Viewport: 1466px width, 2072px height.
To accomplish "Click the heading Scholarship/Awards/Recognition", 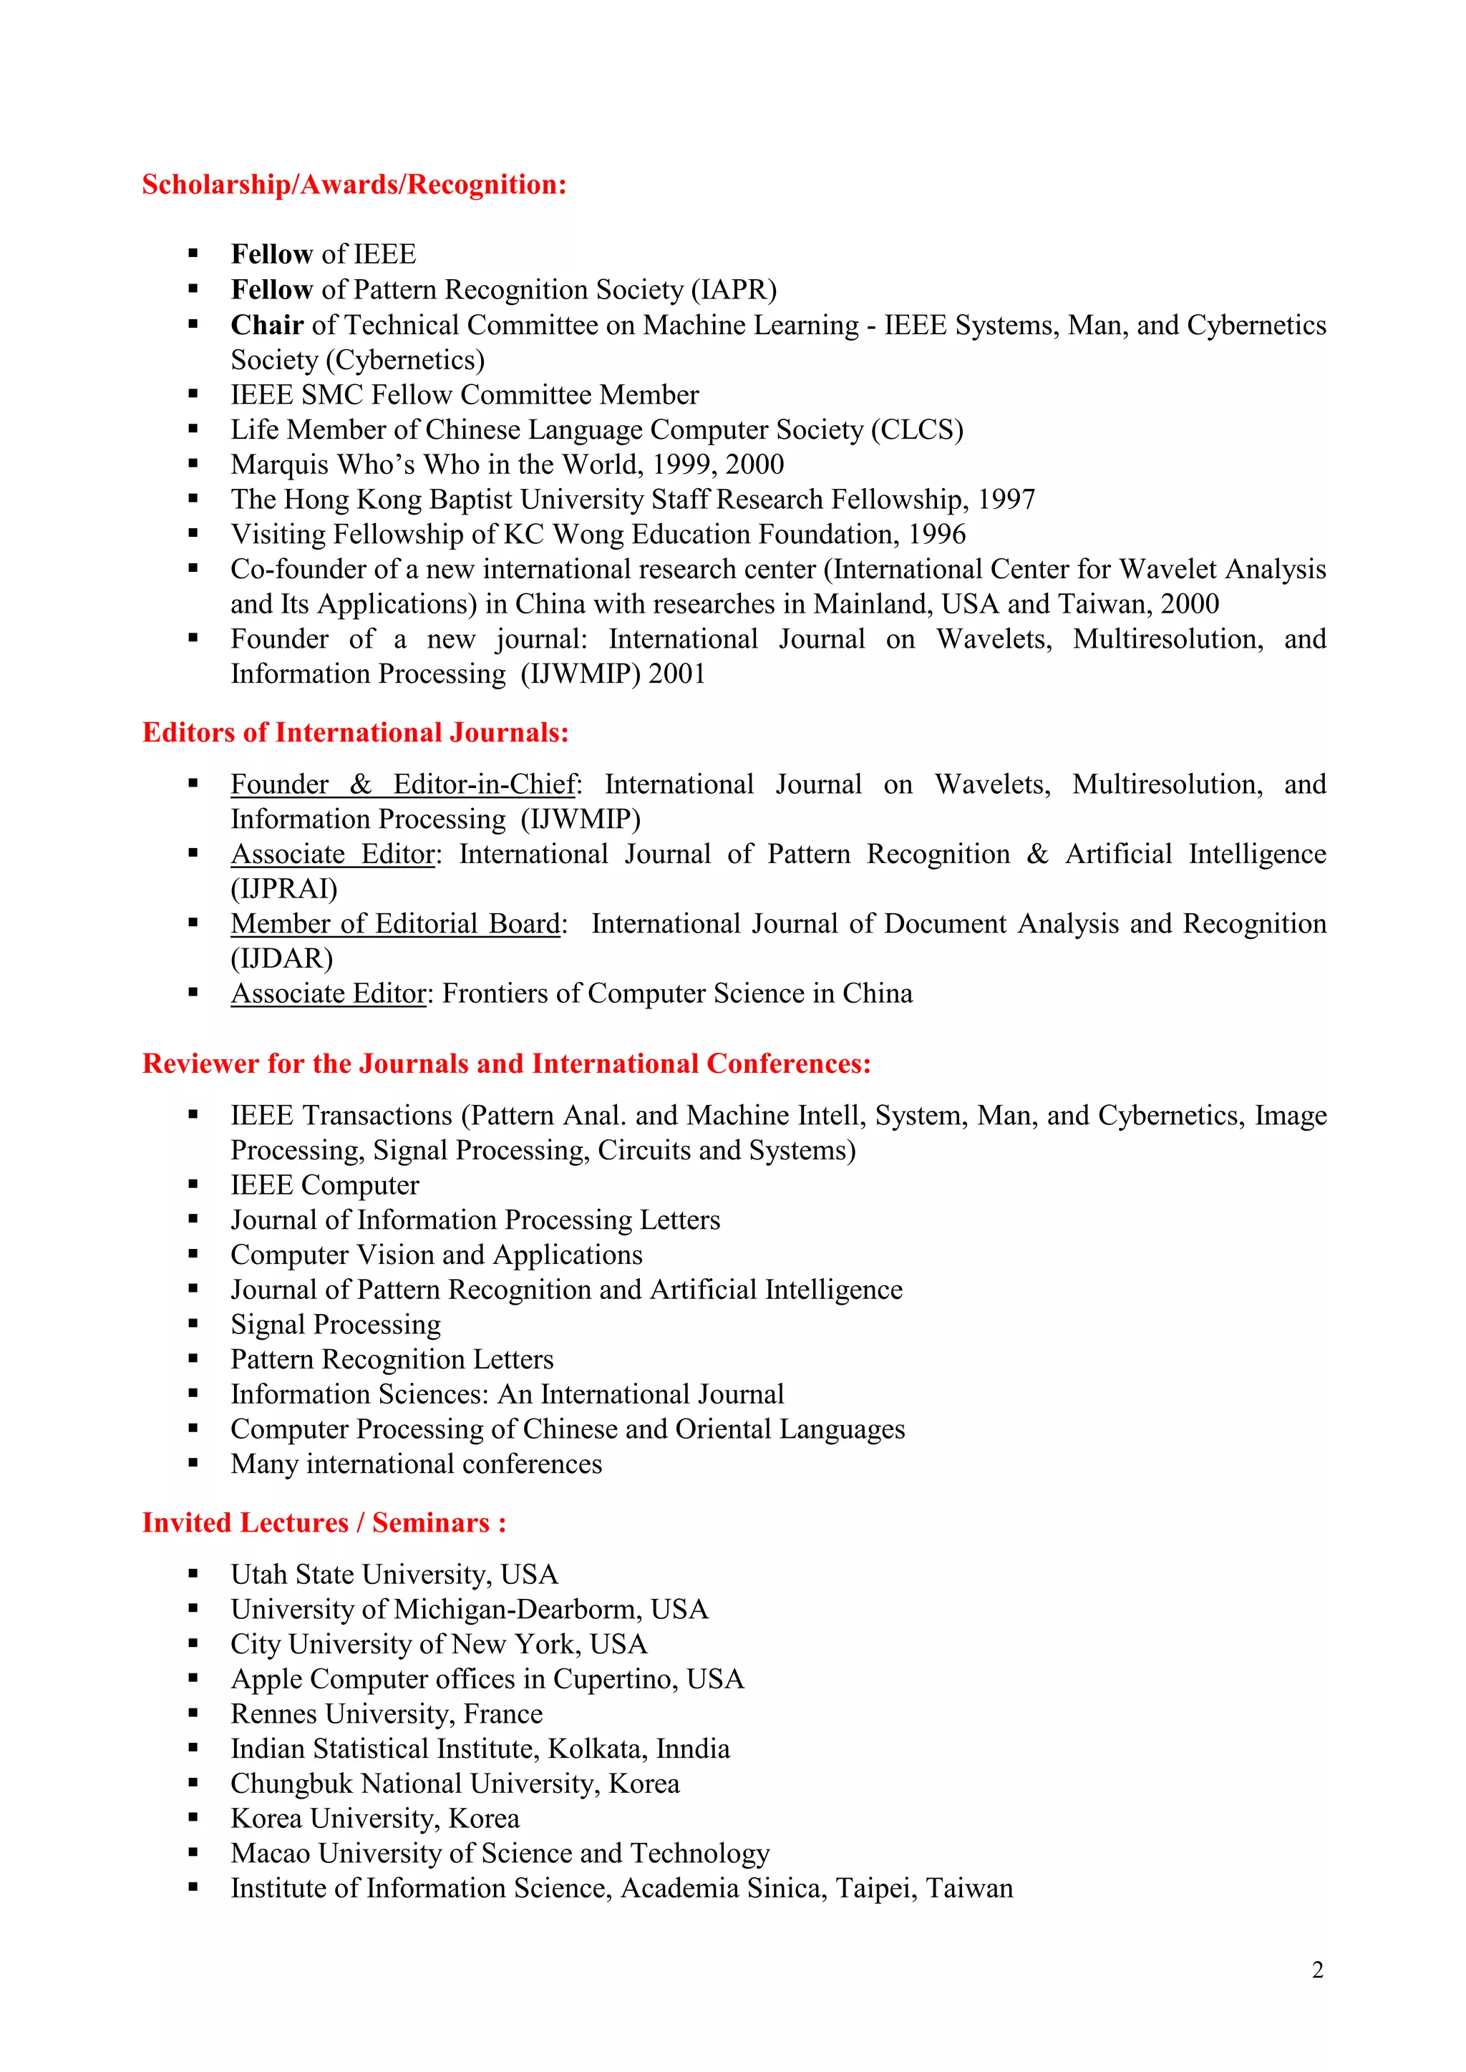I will (x=354, y=185).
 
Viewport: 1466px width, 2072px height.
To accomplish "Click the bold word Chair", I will (x=266, y=325).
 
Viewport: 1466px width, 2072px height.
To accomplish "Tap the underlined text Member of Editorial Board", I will (x=395, y=924).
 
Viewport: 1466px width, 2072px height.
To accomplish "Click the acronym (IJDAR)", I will (x=281, y=958).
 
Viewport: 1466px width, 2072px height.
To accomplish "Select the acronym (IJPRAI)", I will (x=283, y=889).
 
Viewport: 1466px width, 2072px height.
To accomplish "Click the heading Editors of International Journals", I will (x=355, y=733).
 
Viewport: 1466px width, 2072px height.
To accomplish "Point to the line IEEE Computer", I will (x=324, y=1185).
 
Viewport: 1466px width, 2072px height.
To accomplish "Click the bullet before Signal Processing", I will (x=193, y=1324).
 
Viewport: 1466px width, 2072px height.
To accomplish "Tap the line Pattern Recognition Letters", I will (x=392, y=1359).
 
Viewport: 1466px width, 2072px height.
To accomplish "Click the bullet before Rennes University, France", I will (x=193, y=1713).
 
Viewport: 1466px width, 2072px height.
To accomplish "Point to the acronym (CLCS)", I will (x=916, y=429).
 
